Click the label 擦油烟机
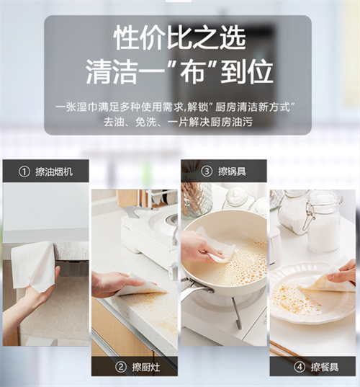click(54, 172)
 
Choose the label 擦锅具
click(231, 171)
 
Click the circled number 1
click(24, 172)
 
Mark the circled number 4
click(299, 367)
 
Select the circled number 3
click(207, 171)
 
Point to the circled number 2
click(120, 366)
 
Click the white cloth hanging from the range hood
click(33, 266)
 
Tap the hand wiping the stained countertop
click(108, 283)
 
